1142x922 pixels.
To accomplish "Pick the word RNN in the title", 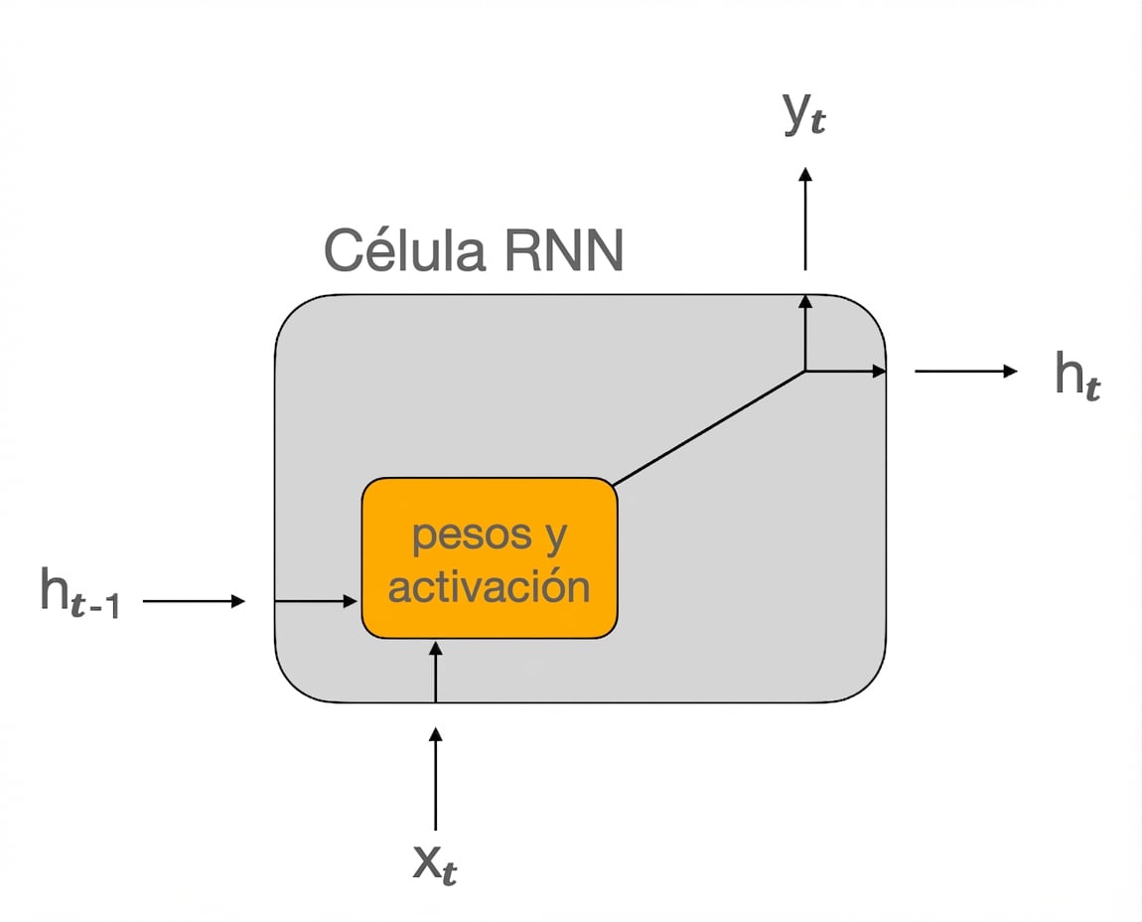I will pyautogui.click(x=563, y=250).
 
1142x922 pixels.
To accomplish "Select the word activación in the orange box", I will pyautogui.click(x=489, y=587).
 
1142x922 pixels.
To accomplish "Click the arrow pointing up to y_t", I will pyautogui.click(x=805, y=219).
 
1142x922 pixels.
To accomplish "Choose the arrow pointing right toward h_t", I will pyautogui.click(x=965, y=372).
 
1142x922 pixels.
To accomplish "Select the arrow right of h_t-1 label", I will pyautogui.click(x=194, y=601).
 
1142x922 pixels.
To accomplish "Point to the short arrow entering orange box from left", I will pyautogui.click(x=316, y=601).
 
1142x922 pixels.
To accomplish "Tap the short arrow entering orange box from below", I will pyautogui.click(x=435, y=672).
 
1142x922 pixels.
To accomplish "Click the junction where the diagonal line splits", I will pyautogui.click(x=805, y=371).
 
